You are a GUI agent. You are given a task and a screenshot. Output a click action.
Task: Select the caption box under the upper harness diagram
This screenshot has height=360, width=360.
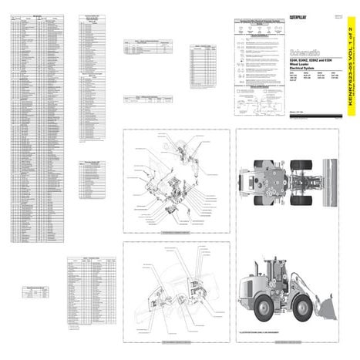click(176, 232)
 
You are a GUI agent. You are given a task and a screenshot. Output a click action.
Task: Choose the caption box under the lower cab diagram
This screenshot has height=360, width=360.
click(176, 344)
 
